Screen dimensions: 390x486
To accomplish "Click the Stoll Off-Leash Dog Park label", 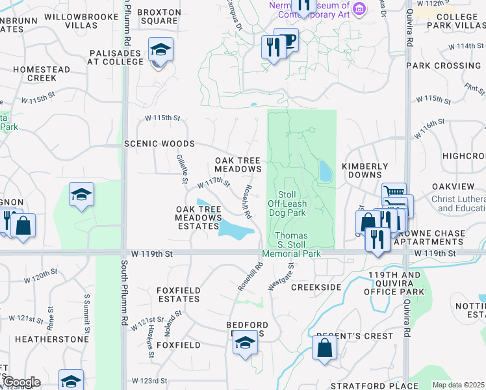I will (287, 203).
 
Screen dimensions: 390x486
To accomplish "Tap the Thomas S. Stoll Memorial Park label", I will (292, 244).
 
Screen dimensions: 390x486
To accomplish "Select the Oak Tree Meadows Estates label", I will (198, 217).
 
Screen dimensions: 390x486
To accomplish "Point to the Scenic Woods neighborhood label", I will (159, 144).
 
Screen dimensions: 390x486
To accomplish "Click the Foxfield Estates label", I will (179, 294).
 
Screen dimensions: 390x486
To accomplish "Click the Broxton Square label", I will (159, 16).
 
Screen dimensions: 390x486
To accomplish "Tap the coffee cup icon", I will (286, 40).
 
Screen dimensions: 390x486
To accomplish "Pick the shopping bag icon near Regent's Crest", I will (324, 346).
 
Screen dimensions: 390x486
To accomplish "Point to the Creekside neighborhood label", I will (316, 287).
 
